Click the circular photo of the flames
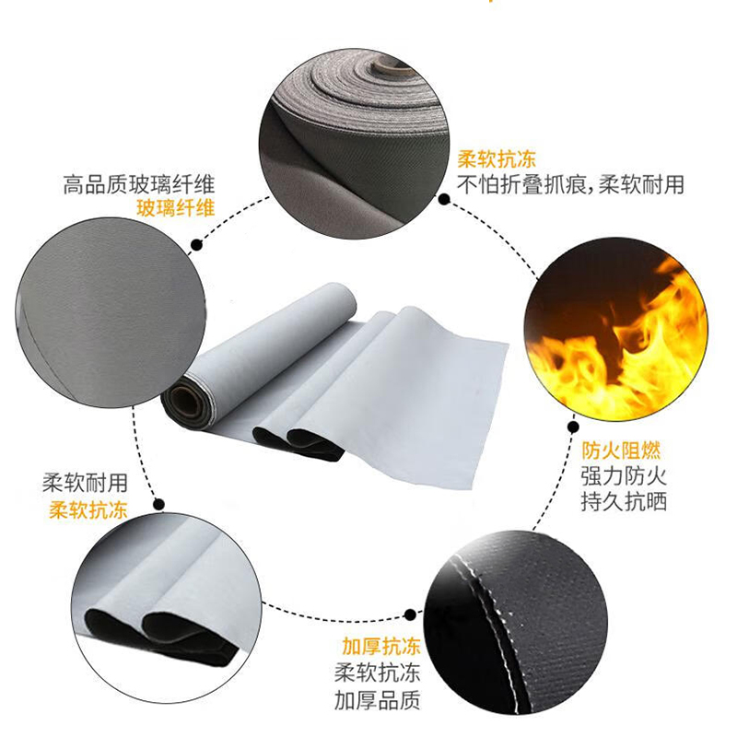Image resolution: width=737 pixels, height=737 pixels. click(x=616, y=330)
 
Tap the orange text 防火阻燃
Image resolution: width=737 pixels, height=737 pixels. click(x=621, y=450)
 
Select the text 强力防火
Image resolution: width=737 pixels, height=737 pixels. click(x=624, y=476)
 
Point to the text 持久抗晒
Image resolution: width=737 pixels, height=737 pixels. click(x=624, y=501)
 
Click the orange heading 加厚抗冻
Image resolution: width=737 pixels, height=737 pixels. click(x=380, y=647)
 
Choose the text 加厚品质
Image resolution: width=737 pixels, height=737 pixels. click(x=378, y=700)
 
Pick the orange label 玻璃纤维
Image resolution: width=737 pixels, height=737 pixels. click(x=176, y=207)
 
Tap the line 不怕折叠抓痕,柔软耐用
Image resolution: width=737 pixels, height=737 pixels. click(x=570, y=184)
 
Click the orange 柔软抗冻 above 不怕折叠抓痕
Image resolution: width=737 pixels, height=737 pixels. click(x=497, y=158)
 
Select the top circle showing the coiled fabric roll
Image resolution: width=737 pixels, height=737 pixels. click(x=354, y=144)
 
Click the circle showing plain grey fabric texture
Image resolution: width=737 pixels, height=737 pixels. click(x=111, y=312)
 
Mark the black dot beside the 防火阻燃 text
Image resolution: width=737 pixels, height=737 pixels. click(x=573, y=427)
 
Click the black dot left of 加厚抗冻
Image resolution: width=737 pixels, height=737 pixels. click(x=410, y=614)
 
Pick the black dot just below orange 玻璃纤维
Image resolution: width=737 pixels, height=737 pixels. click(x=197, y=245)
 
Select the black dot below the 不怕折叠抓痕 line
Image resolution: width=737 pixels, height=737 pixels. click(x=444, y=199)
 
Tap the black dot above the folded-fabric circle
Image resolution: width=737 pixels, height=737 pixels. click(x=159, y=504)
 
